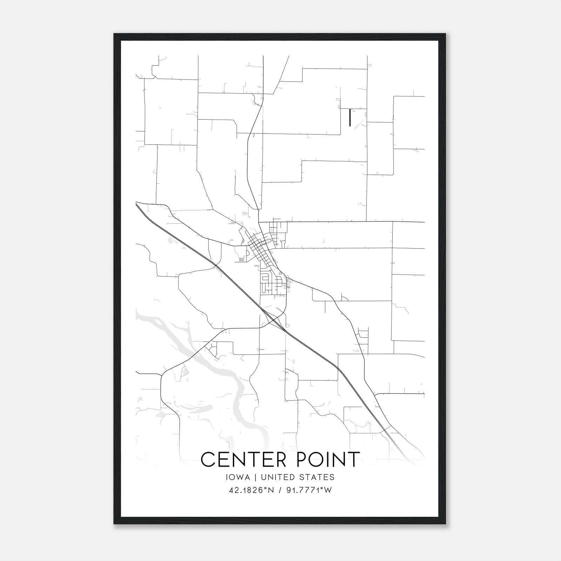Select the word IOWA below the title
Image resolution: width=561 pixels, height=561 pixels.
[238, 477]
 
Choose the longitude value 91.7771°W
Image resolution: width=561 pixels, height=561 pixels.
[307, 490]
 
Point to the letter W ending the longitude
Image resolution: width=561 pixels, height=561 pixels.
[327, 490]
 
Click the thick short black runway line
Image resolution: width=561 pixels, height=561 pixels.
[350, 117]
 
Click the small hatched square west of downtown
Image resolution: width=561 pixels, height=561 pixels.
[241, 260]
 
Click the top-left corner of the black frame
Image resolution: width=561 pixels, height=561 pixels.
[114, 34]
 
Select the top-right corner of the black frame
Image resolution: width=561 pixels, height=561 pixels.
[445, 34]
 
